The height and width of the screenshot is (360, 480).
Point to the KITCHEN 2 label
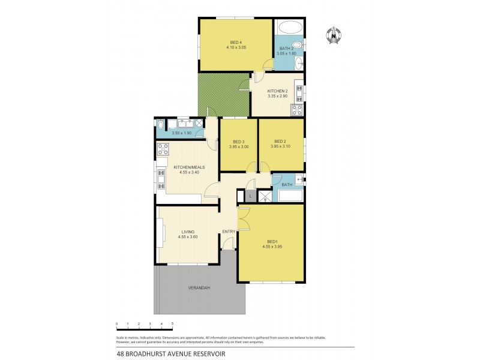tap(277, 91)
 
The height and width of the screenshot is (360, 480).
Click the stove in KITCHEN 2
tap(296, 109)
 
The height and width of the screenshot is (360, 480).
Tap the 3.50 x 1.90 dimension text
tap(181, 133)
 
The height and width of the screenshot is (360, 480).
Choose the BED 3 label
tap(239, 142)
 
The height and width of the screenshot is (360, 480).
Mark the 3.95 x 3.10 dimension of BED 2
tap(280, 146)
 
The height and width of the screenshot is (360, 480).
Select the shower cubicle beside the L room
tap(265, 196)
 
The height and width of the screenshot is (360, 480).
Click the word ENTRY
tap(229, 232)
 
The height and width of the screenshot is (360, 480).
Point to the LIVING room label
tap(188, 232)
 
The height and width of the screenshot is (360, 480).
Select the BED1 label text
tap(273, 242)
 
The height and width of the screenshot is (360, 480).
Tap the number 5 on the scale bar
tap(173, 324)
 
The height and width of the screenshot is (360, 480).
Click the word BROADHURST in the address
tap(152, 354)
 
